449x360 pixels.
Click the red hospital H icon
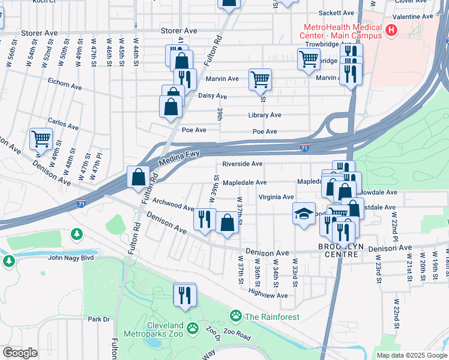point(391,29)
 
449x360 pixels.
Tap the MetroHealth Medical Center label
point(343,31)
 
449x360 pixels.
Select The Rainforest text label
point(271,317)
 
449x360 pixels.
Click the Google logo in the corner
point(19,353)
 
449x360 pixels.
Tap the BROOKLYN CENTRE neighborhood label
point(337,250)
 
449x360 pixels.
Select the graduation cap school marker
point(304,214)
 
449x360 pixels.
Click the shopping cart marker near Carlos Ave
point(41,139)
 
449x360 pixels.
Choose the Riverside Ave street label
point(243,164)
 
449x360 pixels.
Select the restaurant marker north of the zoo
point(184,294)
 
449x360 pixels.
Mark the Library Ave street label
point(265,115)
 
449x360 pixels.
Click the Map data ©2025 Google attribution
point(412,355)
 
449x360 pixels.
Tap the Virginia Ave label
point(276,197)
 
